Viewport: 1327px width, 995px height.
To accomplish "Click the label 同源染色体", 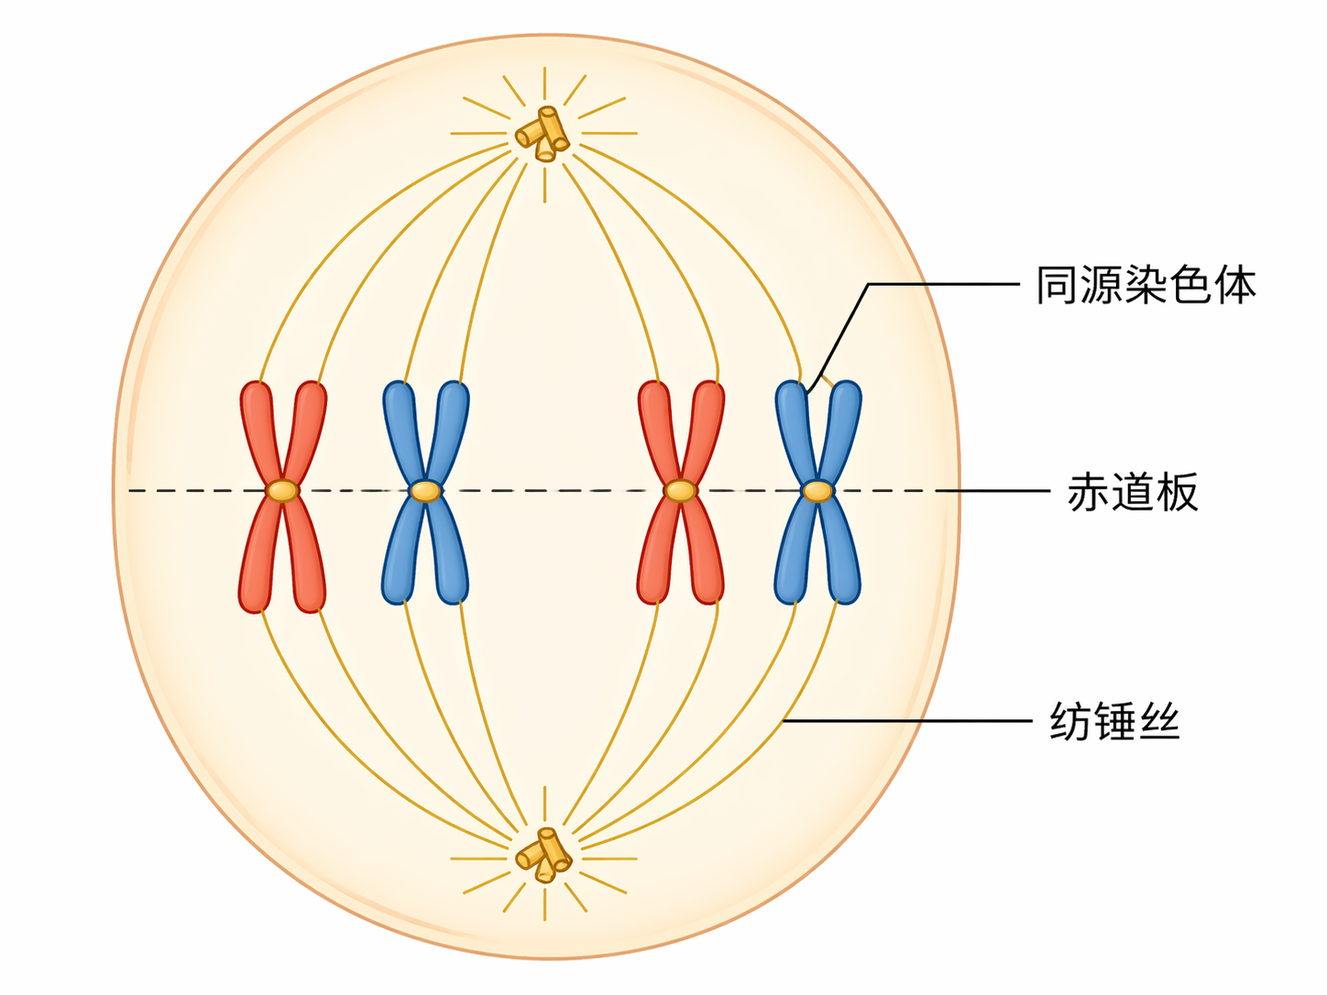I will (x=1146, y=285).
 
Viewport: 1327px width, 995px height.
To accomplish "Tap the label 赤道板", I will (x=1133, y=492).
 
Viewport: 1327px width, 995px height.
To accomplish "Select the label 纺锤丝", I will (x=1114, y=721).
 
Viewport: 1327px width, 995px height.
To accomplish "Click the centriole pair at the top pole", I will (x=543, y=134).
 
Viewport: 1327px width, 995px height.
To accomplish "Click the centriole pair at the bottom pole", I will (x=543, y=856).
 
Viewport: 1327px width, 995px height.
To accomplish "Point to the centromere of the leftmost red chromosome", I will (x=282, y=491).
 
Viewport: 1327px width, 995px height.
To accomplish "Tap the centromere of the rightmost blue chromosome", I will (x=817, y=491).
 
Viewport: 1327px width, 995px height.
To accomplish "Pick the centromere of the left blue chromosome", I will (x=425, y=491).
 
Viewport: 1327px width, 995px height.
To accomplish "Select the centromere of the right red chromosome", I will (x=680, y=491).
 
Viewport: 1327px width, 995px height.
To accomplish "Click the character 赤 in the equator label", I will (x=1089, y=492).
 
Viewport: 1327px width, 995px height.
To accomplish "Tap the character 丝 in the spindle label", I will (x=1158, y=721).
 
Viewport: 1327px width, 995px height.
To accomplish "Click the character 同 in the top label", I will (x=1058, y=285).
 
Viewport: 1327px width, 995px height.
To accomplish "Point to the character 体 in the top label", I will (x=1234, y=285).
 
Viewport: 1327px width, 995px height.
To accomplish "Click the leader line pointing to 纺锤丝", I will (x=907, y=721).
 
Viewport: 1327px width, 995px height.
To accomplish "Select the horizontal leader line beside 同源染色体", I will (x=944, y=284).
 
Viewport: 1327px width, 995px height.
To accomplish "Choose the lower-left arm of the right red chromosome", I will (x=656, y=554).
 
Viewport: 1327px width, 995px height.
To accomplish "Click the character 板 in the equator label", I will (x=1177, y=492).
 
